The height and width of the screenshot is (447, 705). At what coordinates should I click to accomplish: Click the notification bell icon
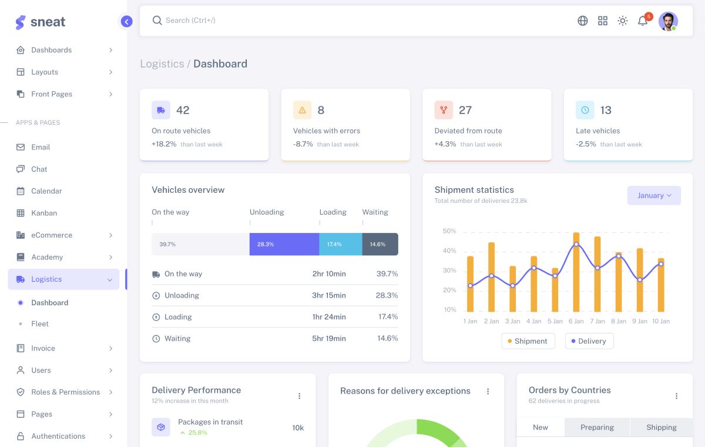tap(643, 21)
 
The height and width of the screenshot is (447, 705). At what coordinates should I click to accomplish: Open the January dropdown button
tap(654, 195)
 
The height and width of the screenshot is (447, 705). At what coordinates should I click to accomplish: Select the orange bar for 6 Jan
tap(576, 272)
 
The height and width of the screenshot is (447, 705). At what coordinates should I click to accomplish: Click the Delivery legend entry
tap(589, 341)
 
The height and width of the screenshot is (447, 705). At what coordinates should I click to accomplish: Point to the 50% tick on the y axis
tap(449, 231)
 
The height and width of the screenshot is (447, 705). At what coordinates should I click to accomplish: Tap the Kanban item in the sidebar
tap(44, 213)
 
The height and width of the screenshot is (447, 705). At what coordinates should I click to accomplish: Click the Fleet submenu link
tap(40, 324)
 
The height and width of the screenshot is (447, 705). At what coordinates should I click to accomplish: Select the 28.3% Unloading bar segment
tap(284, 244)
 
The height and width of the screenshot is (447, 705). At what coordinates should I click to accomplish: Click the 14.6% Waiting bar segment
tap(380, 244)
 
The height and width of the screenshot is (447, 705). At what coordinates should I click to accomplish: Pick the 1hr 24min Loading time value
tap(329, 317)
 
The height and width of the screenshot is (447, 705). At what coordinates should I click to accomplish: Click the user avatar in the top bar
tap(668, 21)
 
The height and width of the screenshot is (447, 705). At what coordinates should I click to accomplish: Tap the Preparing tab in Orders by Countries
tap(597, 428)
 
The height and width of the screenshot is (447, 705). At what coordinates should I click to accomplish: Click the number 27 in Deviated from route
tap(465, 110)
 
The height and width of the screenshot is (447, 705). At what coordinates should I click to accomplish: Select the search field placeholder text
tap(190, 21)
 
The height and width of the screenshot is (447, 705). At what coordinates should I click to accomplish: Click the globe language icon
tap(583, 21)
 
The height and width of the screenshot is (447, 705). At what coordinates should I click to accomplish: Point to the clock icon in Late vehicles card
tap(585, 110)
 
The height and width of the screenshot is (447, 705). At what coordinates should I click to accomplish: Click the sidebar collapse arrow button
tap(126, 22)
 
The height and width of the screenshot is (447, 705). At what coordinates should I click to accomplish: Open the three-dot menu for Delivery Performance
tap(299, 396)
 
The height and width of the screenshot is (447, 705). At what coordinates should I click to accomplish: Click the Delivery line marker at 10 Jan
tap(661, 264)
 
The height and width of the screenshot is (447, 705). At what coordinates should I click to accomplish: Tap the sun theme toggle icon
tap(623, 21)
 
